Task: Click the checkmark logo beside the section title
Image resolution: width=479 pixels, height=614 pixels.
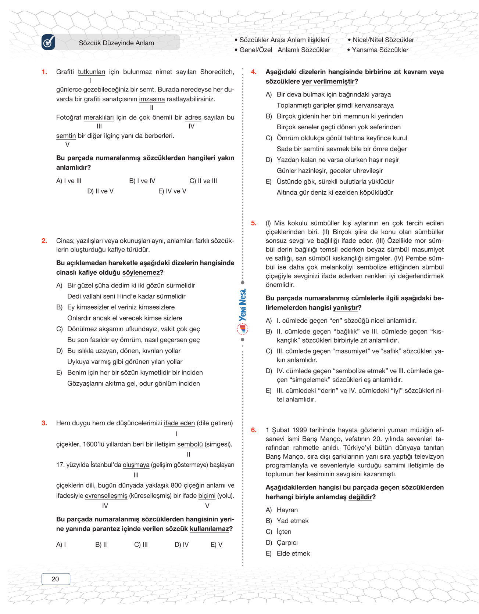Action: (48, 42)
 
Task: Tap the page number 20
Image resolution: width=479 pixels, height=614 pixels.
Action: (56, 579)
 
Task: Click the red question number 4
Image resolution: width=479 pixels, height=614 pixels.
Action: (254, 72)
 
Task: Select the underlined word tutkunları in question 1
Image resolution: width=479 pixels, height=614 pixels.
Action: (91, 72)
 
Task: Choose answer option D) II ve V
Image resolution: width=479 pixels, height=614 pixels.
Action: (100, 191)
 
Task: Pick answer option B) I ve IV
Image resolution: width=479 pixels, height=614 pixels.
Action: (142, 181)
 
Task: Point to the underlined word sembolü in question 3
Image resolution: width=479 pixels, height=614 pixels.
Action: (190, 444)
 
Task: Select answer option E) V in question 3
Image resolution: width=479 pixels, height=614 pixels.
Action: (217, 545)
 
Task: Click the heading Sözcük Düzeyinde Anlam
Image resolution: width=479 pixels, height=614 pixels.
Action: (117, 43)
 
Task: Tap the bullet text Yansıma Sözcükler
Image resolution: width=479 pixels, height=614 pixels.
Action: (380, 50)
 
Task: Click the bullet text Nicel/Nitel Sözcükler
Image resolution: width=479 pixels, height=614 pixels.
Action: (383, 40)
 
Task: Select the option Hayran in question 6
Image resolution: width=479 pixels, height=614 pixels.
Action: (287, 510)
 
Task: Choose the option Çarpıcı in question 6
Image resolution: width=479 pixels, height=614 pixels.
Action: (287, 543)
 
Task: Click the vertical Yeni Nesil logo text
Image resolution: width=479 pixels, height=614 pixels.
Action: (243, 305)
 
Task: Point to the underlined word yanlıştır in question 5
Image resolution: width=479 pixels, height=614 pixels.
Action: (345, 308)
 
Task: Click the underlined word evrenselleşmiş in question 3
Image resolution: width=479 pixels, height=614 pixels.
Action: (106, 496)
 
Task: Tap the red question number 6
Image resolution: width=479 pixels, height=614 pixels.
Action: (254, 430)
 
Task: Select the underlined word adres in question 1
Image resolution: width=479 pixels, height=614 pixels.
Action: (193, 118)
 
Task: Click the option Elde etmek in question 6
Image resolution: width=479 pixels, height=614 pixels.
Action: (293, 553)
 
